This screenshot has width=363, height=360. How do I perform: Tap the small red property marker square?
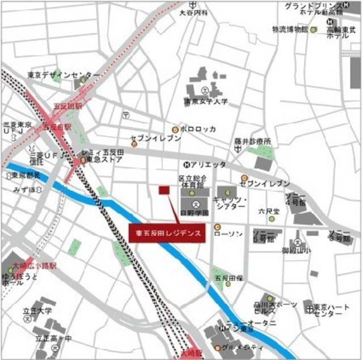click(x=164, y=191)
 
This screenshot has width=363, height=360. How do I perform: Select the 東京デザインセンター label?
click(x=64, y=75)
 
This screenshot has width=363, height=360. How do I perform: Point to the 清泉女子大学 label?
click(x=205, y=101)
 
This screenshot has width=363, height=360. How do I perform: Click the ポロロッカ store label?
click(x=198, y=129)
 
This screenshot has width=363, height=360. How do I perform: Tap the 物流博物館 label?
click(x=290, y=29)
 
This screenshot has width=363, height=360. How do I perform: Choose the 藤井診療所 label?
click(x=253, y=141)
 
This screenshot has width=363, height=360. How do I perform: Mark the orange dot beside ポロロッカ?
click(x=175, y=129)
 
